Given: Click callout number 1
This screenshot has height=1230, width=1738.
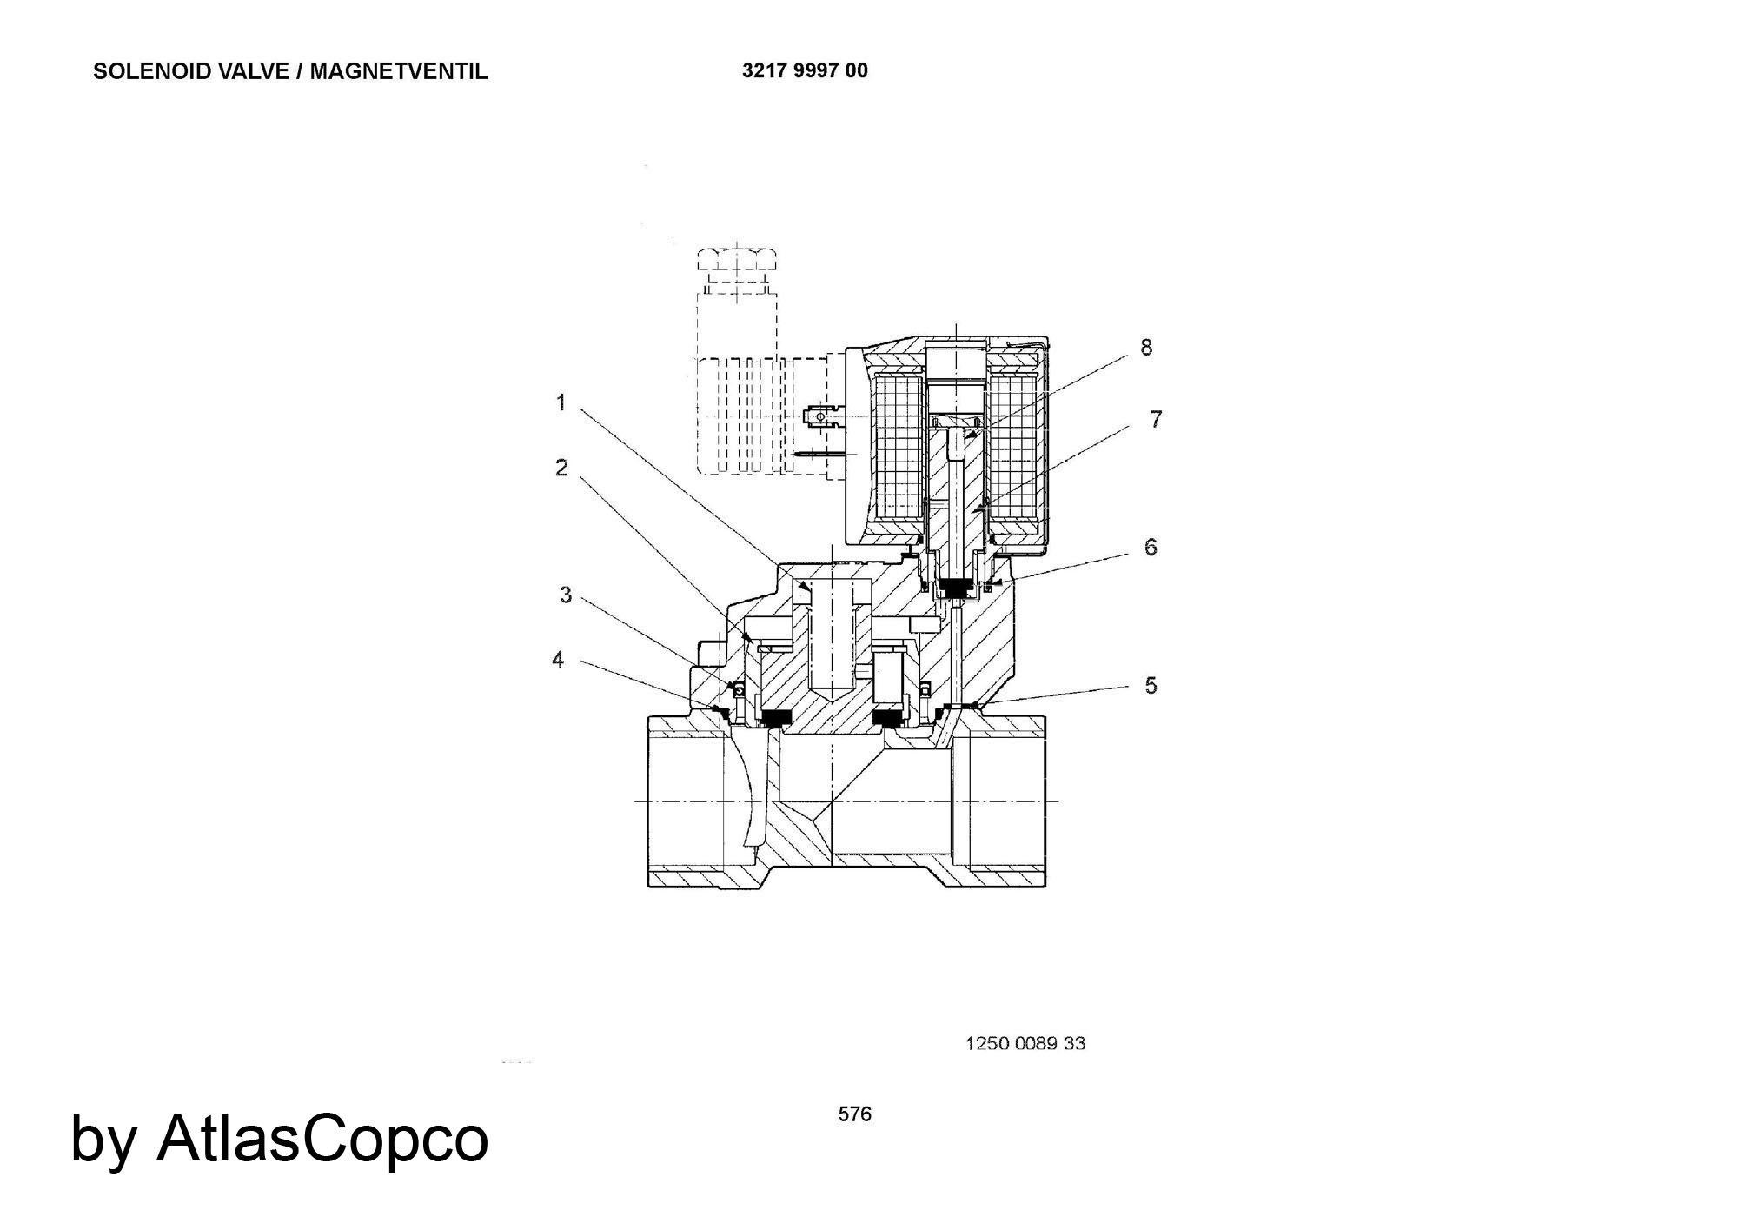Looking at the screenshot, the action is click(561, 402).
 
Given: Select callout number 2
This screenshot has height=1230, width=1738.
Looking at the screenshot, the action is click(561, 468).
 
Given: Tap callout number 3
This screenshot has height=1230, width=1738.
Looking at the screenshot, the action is click(566, 595).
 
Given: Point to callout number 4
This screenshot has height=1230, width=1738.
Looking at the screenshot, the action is click(558, 660).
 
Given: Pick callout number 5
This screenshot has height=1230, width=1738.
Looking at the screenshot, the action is click(1151, 686).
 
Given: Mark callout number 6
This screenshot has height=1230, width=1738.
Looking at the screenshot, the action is click(1151, 547).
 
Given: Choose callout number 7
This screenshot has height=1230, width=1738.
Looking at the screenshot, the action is click(1156, 419).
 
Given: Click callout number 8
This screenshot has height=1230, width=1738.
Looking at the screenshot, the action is click(1146, 347).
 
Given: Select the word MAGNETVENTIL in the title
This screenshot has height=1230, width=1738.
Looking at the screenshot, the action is click(399, 71).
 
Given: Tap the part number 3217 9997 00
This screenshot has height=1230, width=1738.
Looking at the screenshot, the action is click(805, 70).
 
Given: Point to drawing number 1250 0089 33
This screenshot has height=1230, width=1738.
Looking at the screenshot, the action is click(1025, 1043).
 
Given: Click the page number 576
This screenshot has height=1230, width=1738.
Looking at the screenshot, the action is click(855, 1114).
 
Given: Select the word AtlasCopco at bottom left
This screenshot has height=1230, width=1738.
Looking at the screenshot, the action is click(322, 1138).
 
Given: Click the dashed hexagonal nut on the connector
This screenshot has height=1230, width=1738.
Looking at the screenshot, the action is click(737, 260).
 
